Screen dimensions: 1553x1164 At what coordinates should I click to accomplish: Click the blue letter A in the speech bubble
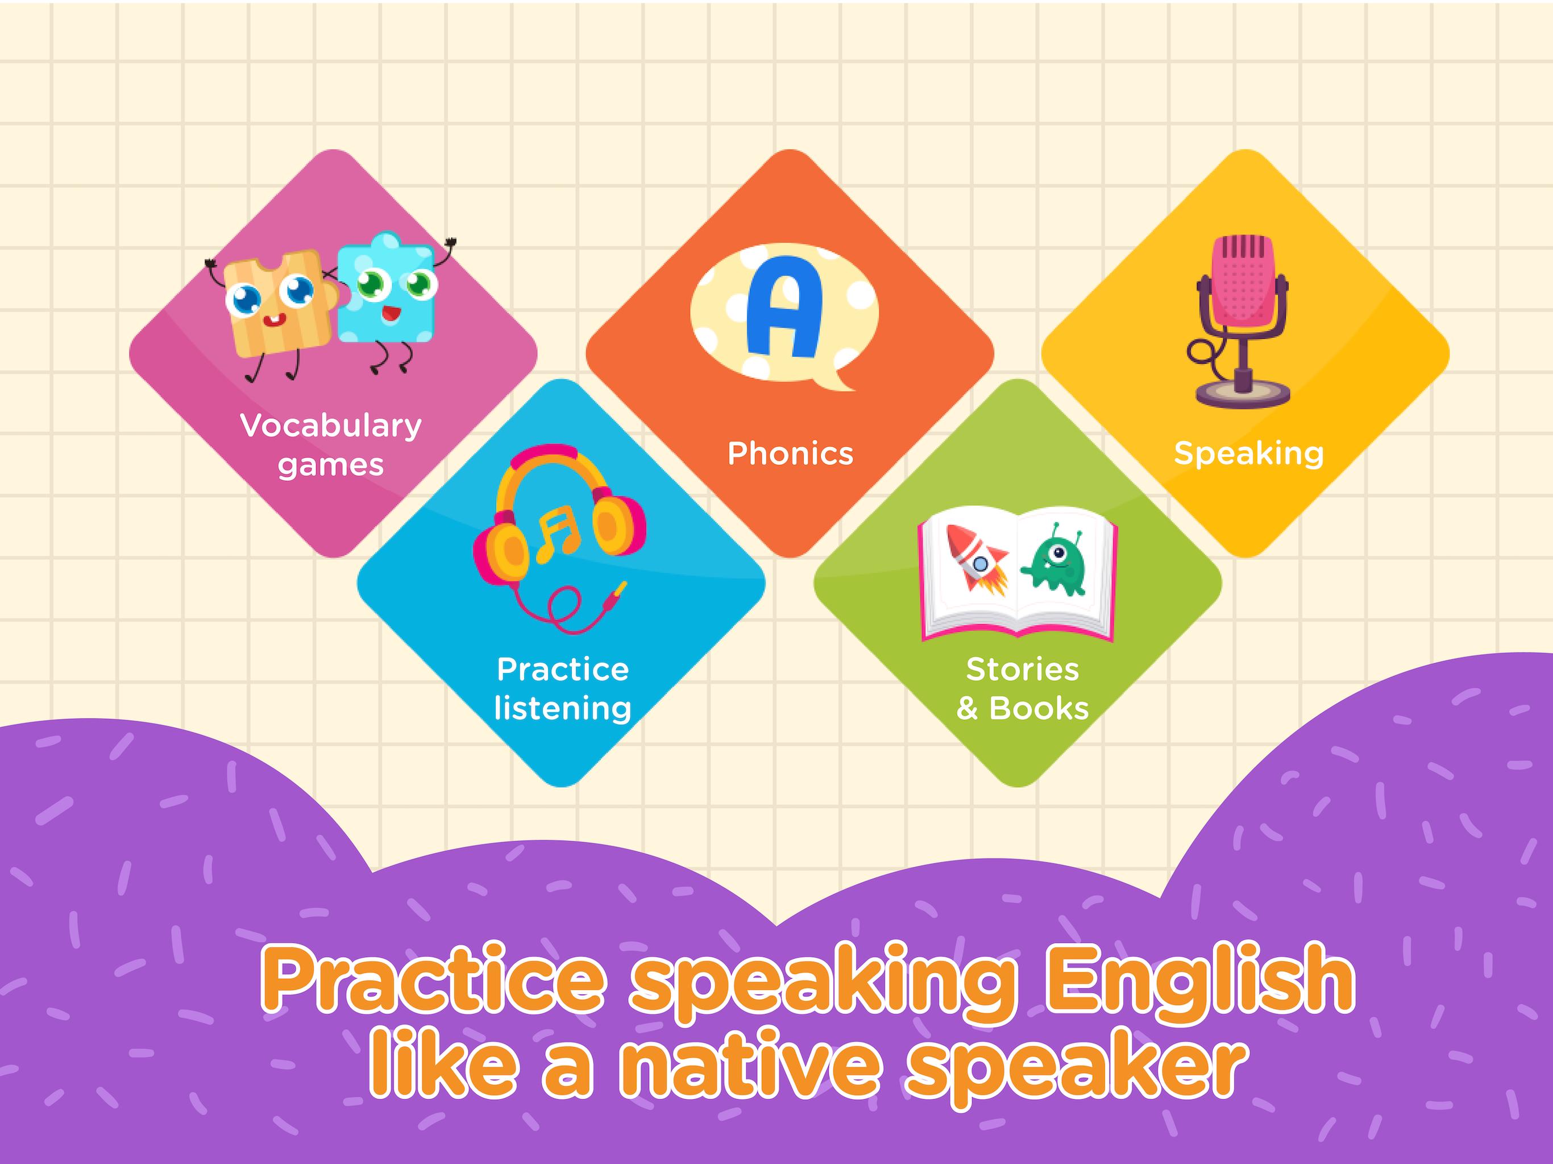pyautogui.click(x=783, y=307)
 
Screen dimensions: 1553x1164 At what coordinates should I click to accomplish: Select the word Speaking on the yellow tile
pyautogui.click(x=1248, y=454)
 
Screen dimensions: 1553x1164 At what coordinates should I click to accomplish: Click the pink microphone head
pyautogui.click(x=1243, y=281)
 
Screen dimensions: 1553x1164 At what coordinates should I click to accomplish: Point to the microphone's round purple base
pyautogui.click(x=1243, y=393)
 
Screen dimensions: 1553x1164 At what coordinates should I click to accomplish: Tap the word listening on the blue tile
pyautogui.click(x=562, y=708)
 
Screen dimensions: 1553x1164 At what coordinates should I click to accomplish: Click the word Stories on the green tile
pyautogui.click(x=1022, y=669)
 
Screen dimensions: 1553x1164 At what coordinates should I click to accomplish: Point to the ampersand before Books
pyautogui.click(x=967, y=709)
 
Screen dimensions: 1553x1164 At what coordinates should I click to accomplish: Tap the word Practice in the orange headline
pyautogui.click(x=433, y=978)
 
